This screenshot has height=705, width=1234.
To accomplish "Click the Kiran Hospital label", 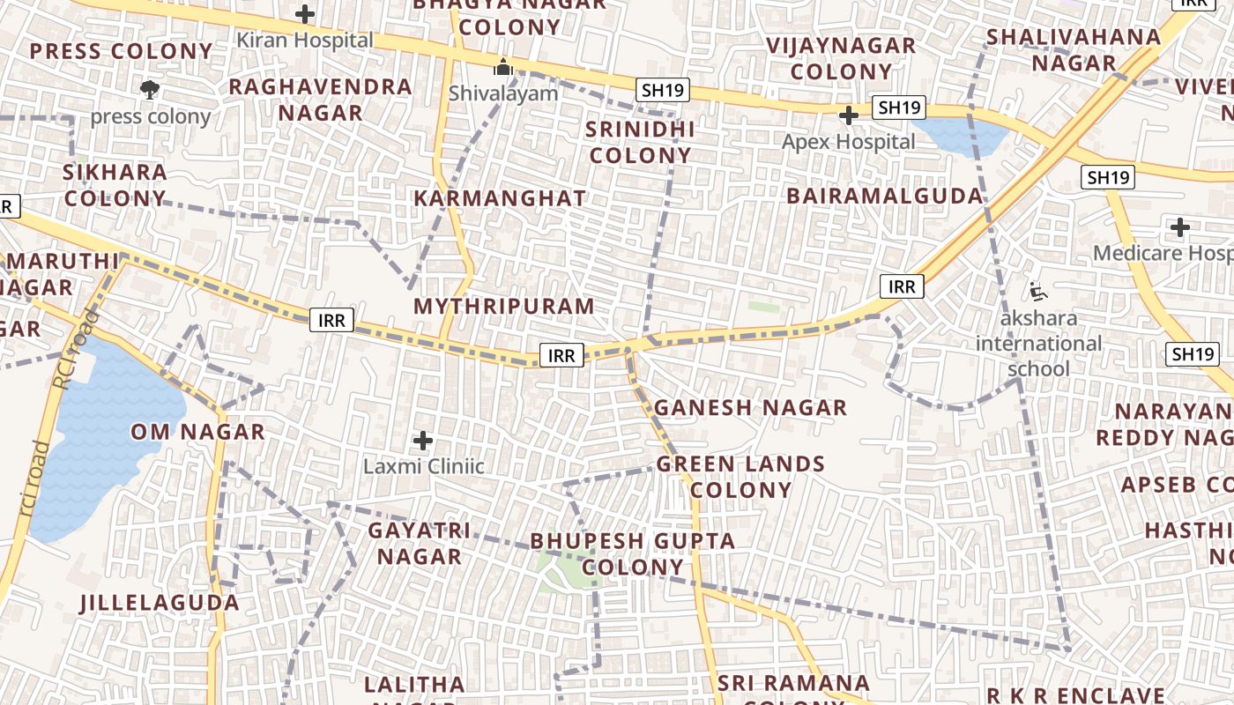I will [x=305, y=41].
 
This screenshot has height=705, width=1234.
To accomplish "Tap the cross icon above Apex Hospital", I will [x=849, y=115].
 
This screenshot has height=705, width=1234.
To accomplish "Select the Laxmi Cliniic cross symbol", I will [x=423, y=440].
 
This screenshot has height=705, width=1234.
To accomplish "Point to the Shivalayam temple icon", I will [x=503, y=67].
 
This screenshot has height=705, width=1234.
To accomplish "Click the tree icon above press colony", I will [x=150, y=89].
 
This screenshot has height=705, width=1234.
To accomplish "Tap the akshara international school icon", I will [x=1038, y=290].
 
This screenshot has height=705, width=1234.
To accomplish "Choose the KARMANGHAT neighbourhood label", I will [x=500, y=198].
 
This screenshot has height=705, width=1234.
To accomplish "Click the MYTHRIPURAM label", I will [x=504, y=307].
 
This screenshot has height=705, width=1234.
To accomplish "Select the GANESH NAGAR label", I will [x=750, y=408].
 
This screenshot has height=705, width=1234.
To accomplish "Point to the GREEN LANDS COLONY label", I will [x=740, y=477].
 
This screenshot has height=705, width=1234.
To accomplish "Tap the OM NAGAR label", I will [x=197, y=432].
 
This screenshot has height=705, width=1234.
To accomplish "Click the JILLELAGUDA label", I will [x=160, y=603].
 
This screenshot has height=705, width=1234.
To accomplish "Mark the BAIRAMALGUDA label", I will [x=884, y=196].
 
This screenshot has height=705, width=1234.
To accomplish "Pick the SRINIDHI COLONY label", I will [x=640, y=142].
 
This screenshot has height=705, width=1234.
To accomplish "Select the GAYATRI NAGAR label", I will [x=420, y=543].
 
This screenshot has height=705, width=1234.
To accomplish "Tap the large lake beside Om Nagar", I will [x=101, y=441].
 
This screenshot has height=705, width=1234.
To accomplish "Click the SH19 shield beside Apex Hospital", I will [x=899, y=108].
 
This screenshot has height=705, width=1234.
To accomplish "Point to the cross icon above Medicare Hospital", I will [x=1179, y=228].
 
